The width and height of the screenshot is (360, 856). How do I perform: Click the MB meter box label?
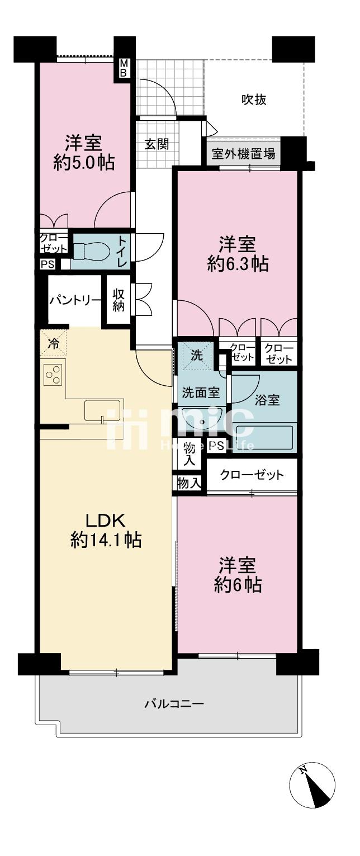click(123, 68)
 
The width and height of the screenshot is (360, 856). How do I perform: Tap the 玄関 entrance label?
click(157, 144)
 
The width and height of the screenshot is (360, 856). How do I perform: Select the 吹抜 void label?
click(254, 100)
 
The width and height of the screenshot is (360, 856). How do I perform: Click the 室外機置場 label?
click(243, 154)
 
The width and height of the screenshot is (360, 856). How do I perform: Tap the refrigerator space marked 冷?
click(54, 343)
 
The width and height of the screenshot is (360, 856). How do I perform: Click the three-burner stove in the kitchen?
click(53, 375)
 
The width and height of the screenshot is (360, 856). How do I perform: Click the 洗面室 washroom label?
click(200, 392)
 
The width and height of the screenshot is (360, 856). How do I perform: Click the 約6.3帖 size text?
click(238, 264)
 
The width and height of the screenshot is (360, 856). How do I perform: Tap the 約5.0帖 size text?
click(84, 162)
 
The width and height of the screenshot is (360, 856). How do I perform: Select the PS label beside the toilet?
click(48, 264)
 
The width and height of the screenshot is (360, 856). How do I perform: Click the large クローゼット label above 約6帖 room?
click(252, 475)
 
